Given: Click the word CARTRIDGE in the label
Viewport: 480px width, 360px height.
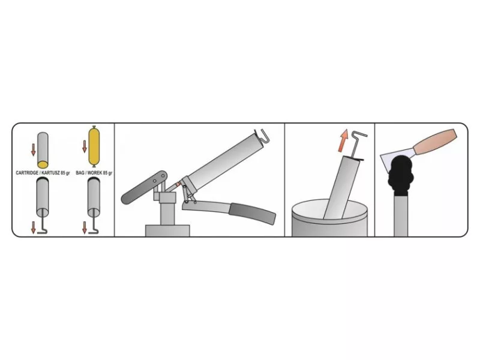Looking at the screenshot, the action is [x=27, y=173].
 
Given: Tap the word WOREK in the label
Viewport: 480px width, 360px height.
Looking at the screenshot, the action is [x=95, y=173].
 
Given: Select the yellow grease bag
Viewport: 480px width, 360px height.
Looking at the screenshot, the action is [x=94, y=146].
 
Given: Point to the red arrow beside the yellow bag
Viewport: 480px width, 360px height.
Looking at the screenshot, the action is [x=85, y=146].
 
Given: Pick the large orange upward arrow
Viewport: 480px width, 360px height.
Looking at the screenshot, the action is [x=343, y=141].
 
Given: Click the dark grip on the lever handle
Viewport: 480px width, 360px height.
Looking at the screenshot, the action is [x=253, y=213].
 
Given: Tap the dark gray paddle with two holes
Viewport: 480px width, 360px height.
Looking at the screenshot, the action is [x=144, y=188].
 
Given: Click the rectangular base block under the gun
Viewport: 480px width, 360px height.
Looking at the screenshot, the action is [x=167, y=231].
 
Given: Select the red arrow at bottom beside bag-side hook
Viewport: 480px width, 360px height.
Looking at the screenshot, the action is [x=85, y=228].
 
